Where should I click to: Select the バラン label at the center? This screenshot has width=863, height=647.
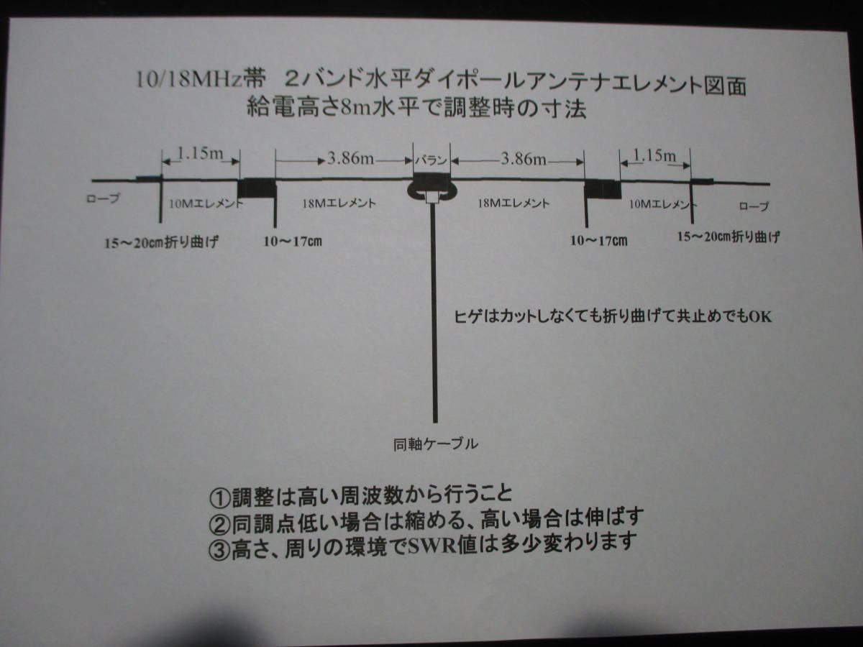(431, 160)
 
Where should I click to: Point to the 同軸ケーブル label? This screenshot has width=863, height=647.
(436, 444)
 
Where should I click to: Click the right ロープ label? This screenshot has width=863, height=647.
(754, 206)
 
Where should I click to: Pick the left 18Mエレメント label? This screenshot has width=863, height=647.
(337, 203)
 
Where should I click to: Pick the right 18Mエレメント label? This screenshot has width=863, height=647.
(513, 203)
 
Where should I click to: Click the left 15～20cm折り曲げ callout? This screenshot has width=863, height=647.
(161, 242)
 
